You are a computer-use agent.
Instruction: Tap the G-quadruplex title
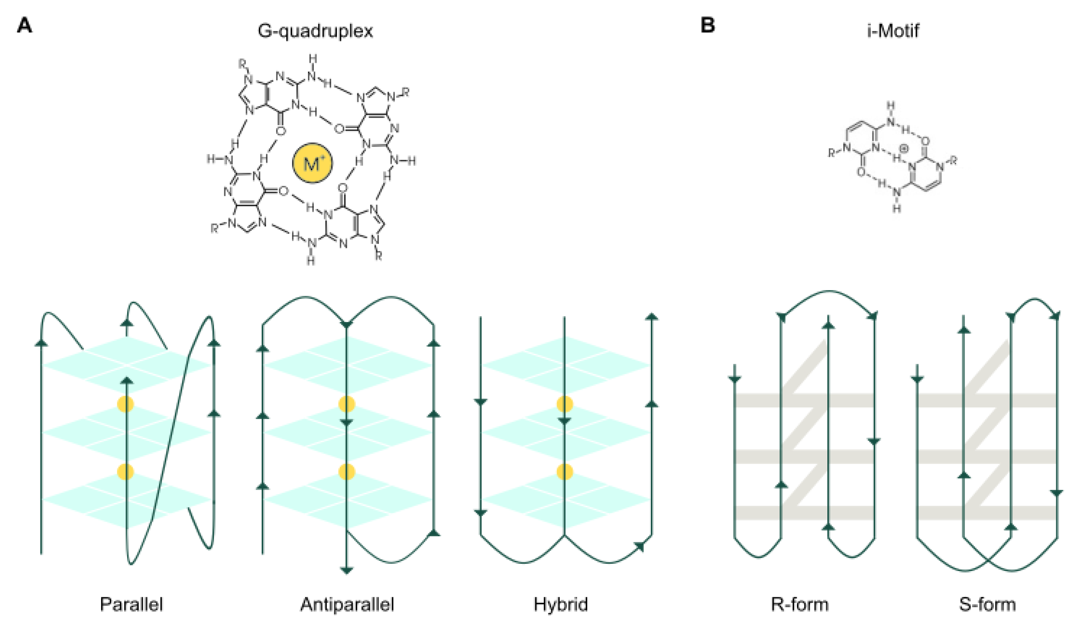(x=315, y=31)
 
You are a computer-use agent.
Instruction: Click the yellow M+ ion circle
(x=312, y=163)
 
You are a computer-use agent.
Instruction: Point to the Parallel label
(x=131, y=604)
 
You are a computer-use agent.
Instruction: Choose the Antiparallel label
(x=347, y=604)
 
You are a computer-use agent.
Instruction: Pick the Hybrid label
(x=561, y=604)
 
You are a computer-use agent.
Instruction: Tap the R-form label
(x=800, y=604)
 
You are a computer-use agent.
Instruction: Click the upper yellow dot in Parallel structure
(x=126, y=404)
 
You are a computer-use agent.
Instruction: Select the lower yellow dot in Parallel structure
(x=126, y=471)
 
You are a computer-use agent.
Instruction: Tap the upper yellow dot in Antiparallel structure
(x=347, y=404)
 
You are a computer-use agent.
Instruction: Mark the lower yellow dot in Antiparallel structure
(x=347, y=471)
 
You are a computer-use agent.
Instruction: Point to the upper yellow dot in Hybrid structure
(x=564, y=404)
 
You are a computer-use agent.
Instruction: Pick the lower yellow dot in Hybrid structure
(x=564, y=471)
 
